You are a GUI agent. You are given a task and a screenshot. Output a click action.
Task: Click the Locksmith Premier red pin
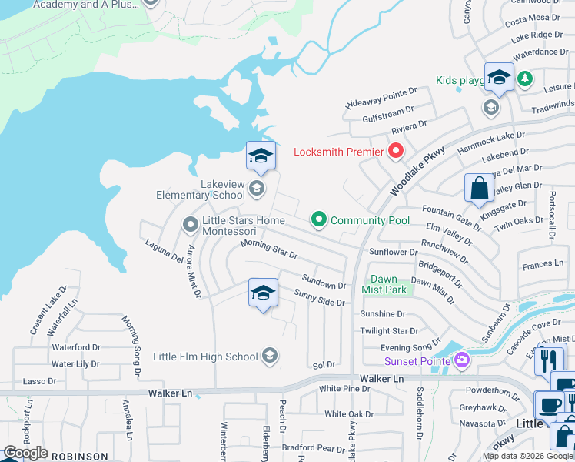[397, 151]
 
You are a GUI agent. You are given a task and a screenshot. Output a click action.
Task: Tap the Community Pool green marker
[319, 220]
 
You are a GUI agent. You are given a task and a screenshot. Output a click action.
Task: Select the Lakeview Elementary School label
[201, 189]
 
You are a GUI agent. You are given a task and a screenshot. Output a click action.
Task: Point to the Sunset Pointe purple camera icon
[461, 360]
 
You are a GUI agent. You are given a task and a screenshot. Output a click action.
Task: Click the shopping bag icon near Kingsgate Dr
[479, 188]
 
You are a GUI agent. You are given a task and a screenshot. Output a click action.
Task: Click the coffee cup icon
[550, 405]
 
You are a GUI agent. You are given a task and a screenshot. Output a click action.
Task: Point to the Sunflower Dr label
[393, 252]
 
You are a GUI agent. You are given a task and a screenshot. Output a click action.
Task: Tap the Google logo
[25, 453]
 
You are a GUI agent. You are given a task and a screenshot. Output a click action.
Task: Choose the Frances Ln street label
[543, 264]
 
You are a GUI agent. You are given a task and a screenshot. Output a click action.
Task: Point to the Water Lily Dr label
[75, 363]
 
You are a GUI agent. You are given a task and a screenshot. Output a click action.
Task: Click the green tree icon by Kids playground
[525, 79]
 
